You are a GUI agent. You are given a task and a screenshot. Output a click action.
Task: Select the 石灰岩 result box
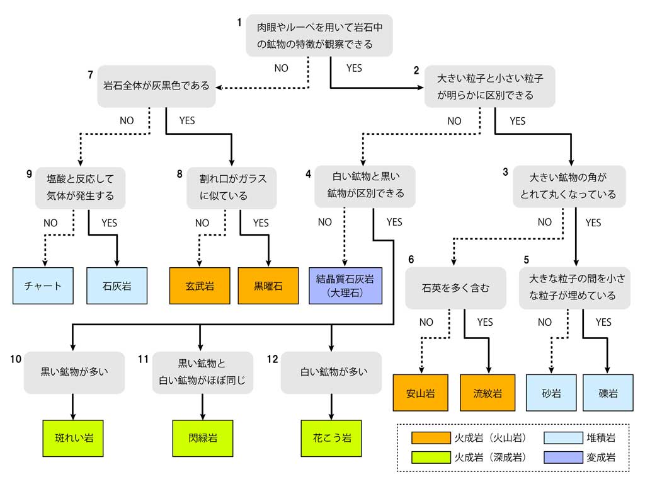(117, 285)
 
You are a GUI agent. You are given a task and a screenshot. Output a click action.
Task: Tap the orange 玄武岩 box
(200, 285)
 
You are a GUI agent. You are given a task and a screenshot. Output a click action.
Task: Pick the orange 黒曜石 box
(269, 285)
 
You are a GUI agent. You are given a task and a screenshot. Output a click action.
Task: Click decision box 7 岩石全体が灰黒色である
(156, 86)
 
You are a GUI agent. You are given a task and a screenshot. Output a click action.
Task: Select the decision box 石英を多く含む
(455, 288)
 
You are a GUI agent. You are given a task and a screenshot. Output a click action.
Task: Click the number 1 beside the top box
(240, 23)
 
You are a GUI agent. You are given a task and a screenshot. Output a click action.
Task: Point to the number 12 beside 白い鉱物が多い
(272, 359)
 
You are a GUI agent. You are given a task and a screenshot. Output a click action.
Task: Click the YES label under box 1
(354, 68)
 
